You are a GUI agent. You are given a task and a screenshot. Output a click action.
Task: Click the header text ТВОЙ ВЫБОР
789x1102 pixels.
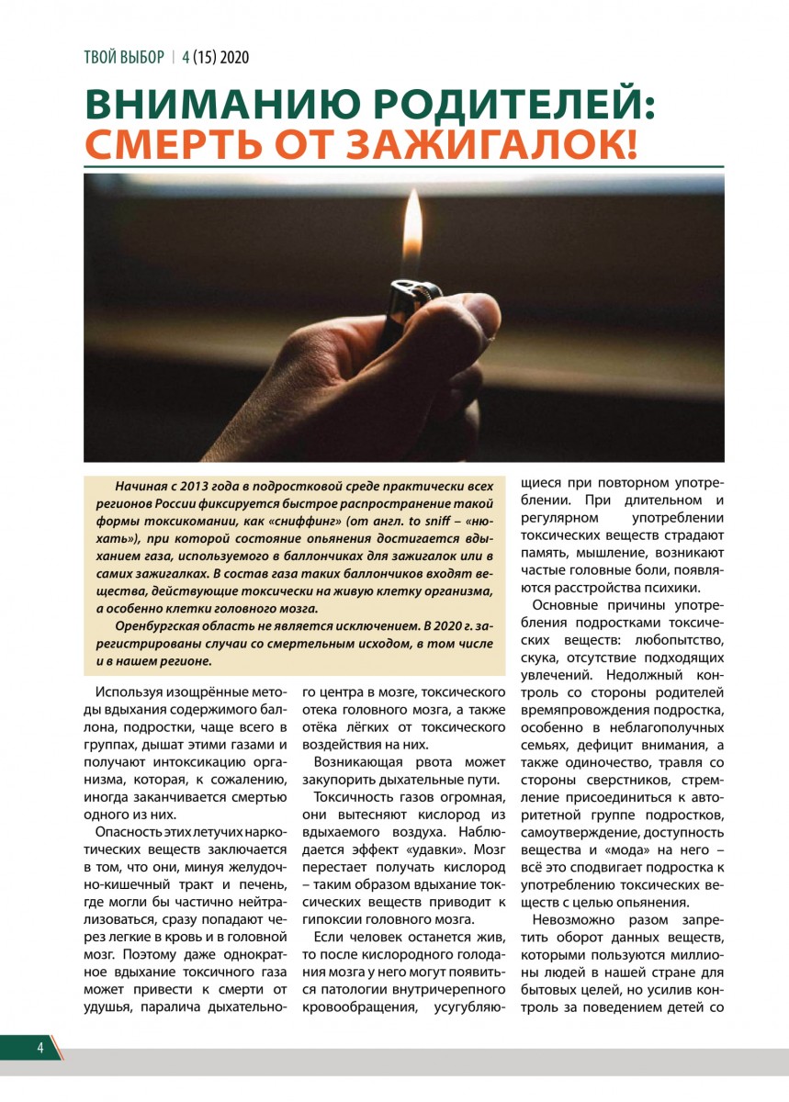coord(124,57)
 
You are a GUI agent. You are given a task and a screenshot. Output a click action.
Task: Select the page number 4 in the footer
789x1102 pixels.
coord(40,1049)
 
